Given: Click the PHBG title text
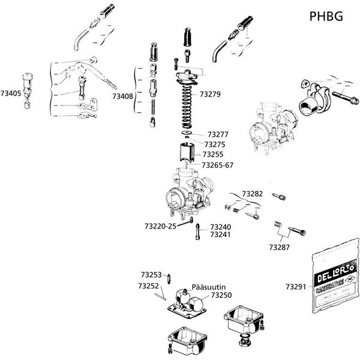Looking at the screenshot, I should pyautogui.click(x=326, y=16).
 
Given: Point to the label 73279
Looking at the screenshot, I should pyautogui.click(x=211, y=95).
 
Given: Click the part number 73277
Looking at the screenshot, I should pyautogui.click(x=218, y=134).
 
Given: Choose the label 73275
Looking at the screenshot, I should pyautogui.click(x=215, y=144).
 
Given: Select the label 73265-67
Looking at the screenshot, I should pyautogui.click(x=218, y=164).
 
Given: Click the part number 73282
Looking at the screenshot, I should pyautogui.click(x=253, y=194).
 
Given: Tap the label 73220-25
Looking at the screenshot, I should pyautogui.click(x=160, y=226).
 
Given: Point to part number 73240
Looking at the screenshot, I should pyautogui.click(x=220, y=227).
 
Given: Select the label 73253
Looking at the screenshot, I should pyautogui.click(x=152, y=274).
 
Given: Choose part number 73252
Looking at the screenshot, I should pyautogui.click(x=148, y=286).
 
